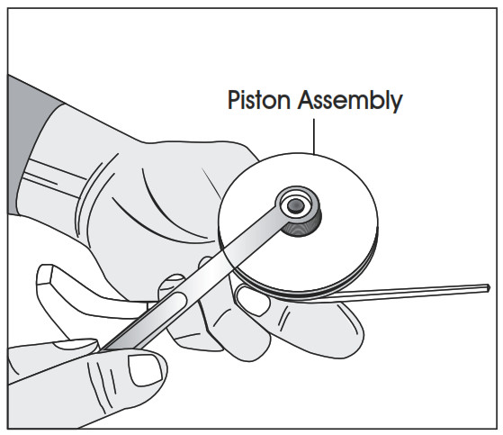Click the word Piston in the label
click(259, 100)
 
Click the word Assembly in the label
click(350, 101)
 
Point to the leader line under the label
click(314, 136)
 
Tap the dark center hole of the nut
click(295, 205)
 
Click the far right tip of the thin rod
click(489, 287)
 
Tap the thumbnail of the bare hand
click(145, 370)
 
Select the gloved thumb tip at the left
click(48, 276)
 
